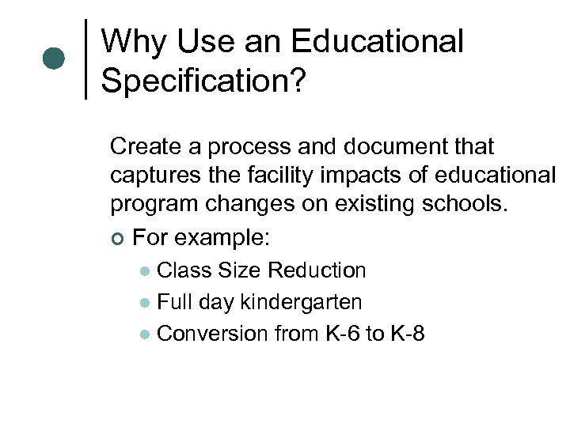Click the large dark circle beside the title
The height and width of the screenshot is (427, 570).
53,59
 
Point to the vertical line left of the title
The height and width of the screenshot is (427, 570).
85,59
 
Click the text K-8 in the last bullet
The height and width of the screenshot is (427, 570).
407,334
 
